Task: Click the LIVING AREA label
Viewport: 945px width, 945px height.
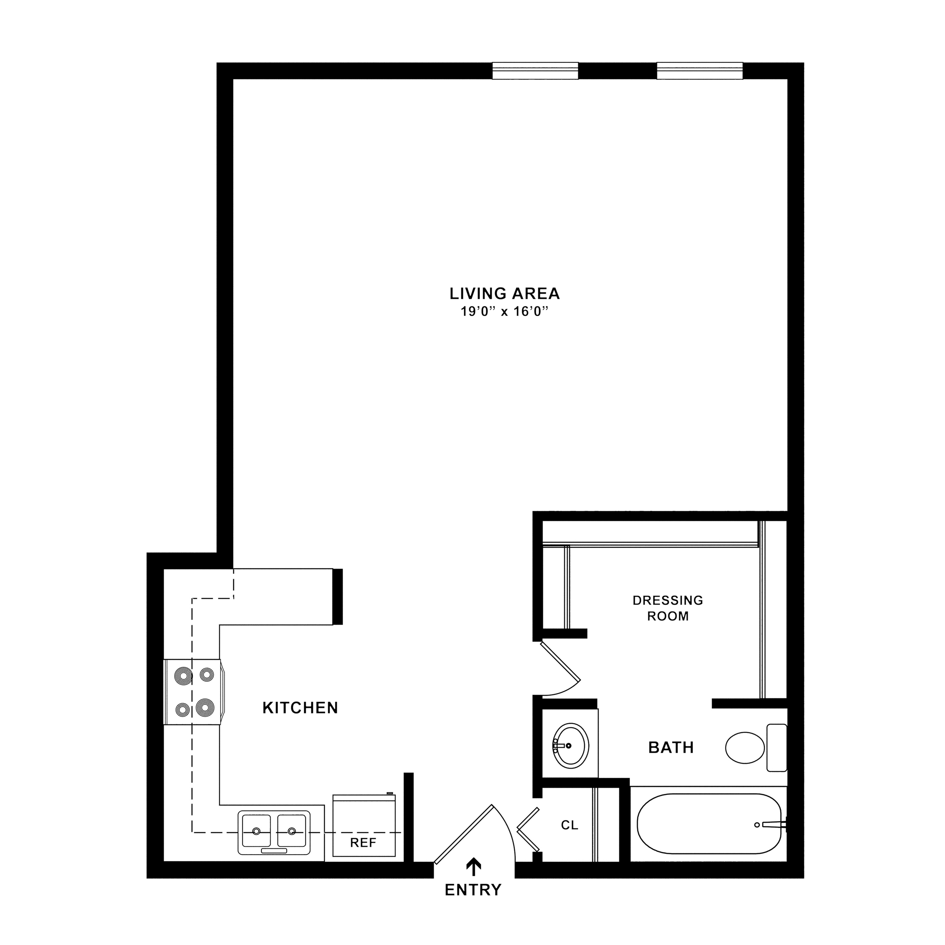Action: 504,294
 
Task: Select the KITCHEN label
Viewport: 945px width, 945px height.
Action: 300,708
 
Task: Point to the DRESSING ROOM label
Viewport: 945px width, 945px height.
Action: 668,608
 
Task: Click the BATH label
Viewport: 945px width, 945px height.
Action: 671,747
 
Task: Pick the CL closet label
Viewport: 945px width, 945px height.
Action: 569,825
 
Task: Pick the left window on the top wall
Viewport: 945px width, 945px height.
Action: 535,71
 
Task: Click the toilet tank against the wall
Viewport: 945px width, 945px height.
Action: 777,747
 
